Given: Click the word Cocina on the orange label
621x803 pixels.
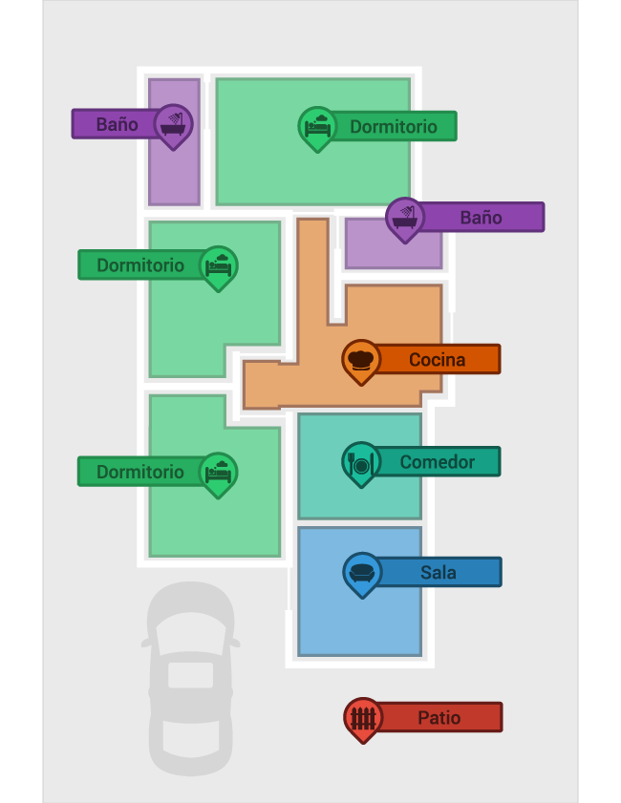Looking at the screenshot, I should (x=437, y=360).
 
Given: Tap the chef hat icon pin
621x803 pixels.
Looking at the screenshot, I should (x=361, y=359).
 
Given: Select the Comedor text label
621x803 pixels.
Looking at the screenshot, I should (x=437, y=462).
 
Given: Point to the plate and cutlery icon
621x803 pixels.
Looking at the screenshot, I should (x=361, y=462).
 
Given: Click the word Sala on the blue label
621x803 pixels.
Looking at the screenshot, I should (x=438, y=573).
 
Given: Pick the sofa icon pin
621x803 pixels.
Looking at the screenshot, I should (x=362, y=572).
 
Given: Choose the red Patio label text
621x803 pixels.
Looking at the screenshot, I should (x=439, y=717).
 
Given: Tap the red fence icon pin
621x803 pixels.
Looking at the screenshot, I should (x=363, y=717).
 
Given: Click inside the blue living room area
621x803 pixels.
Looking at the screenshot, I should (x=358, y=621).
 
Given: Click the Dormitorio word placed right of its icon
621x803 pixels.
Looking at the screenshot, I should (x=393, y=126).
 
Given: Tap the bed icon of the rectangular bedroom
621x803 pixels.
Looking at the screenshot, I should (x=317, y=125).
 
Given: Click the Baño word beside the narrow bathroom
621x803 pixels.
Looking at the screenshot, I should (x=117, y=124).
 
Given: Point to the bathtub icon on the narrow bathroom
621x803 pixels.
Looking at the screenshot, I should (x=173, y=123).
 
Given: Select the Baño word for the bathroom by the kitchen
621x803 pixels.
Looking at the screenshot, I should (x=481, y=218).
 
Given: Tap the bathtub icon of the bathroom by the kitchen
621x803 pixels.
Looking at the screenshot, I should (x=405, y=217).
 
